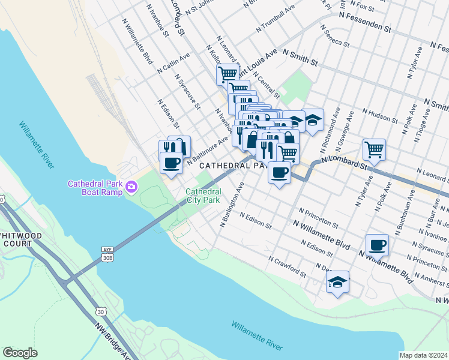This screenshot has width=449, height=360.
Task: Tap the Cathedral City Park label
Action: point(203,196)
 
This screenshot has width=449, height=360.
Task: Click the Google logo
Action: point(20,352)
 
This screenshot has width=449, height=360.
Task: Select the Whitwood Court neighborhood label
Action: point(21,239)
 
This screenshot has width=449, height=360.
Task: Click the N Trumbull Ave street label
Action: point(276,20)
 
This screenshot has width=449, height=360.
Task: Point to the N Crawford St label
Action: point(288,268)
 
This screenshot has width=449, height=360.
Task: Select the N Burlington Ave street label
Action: point(232,205)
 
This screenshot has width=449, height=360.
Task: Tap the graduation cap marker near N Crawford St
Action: point(338,281)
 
